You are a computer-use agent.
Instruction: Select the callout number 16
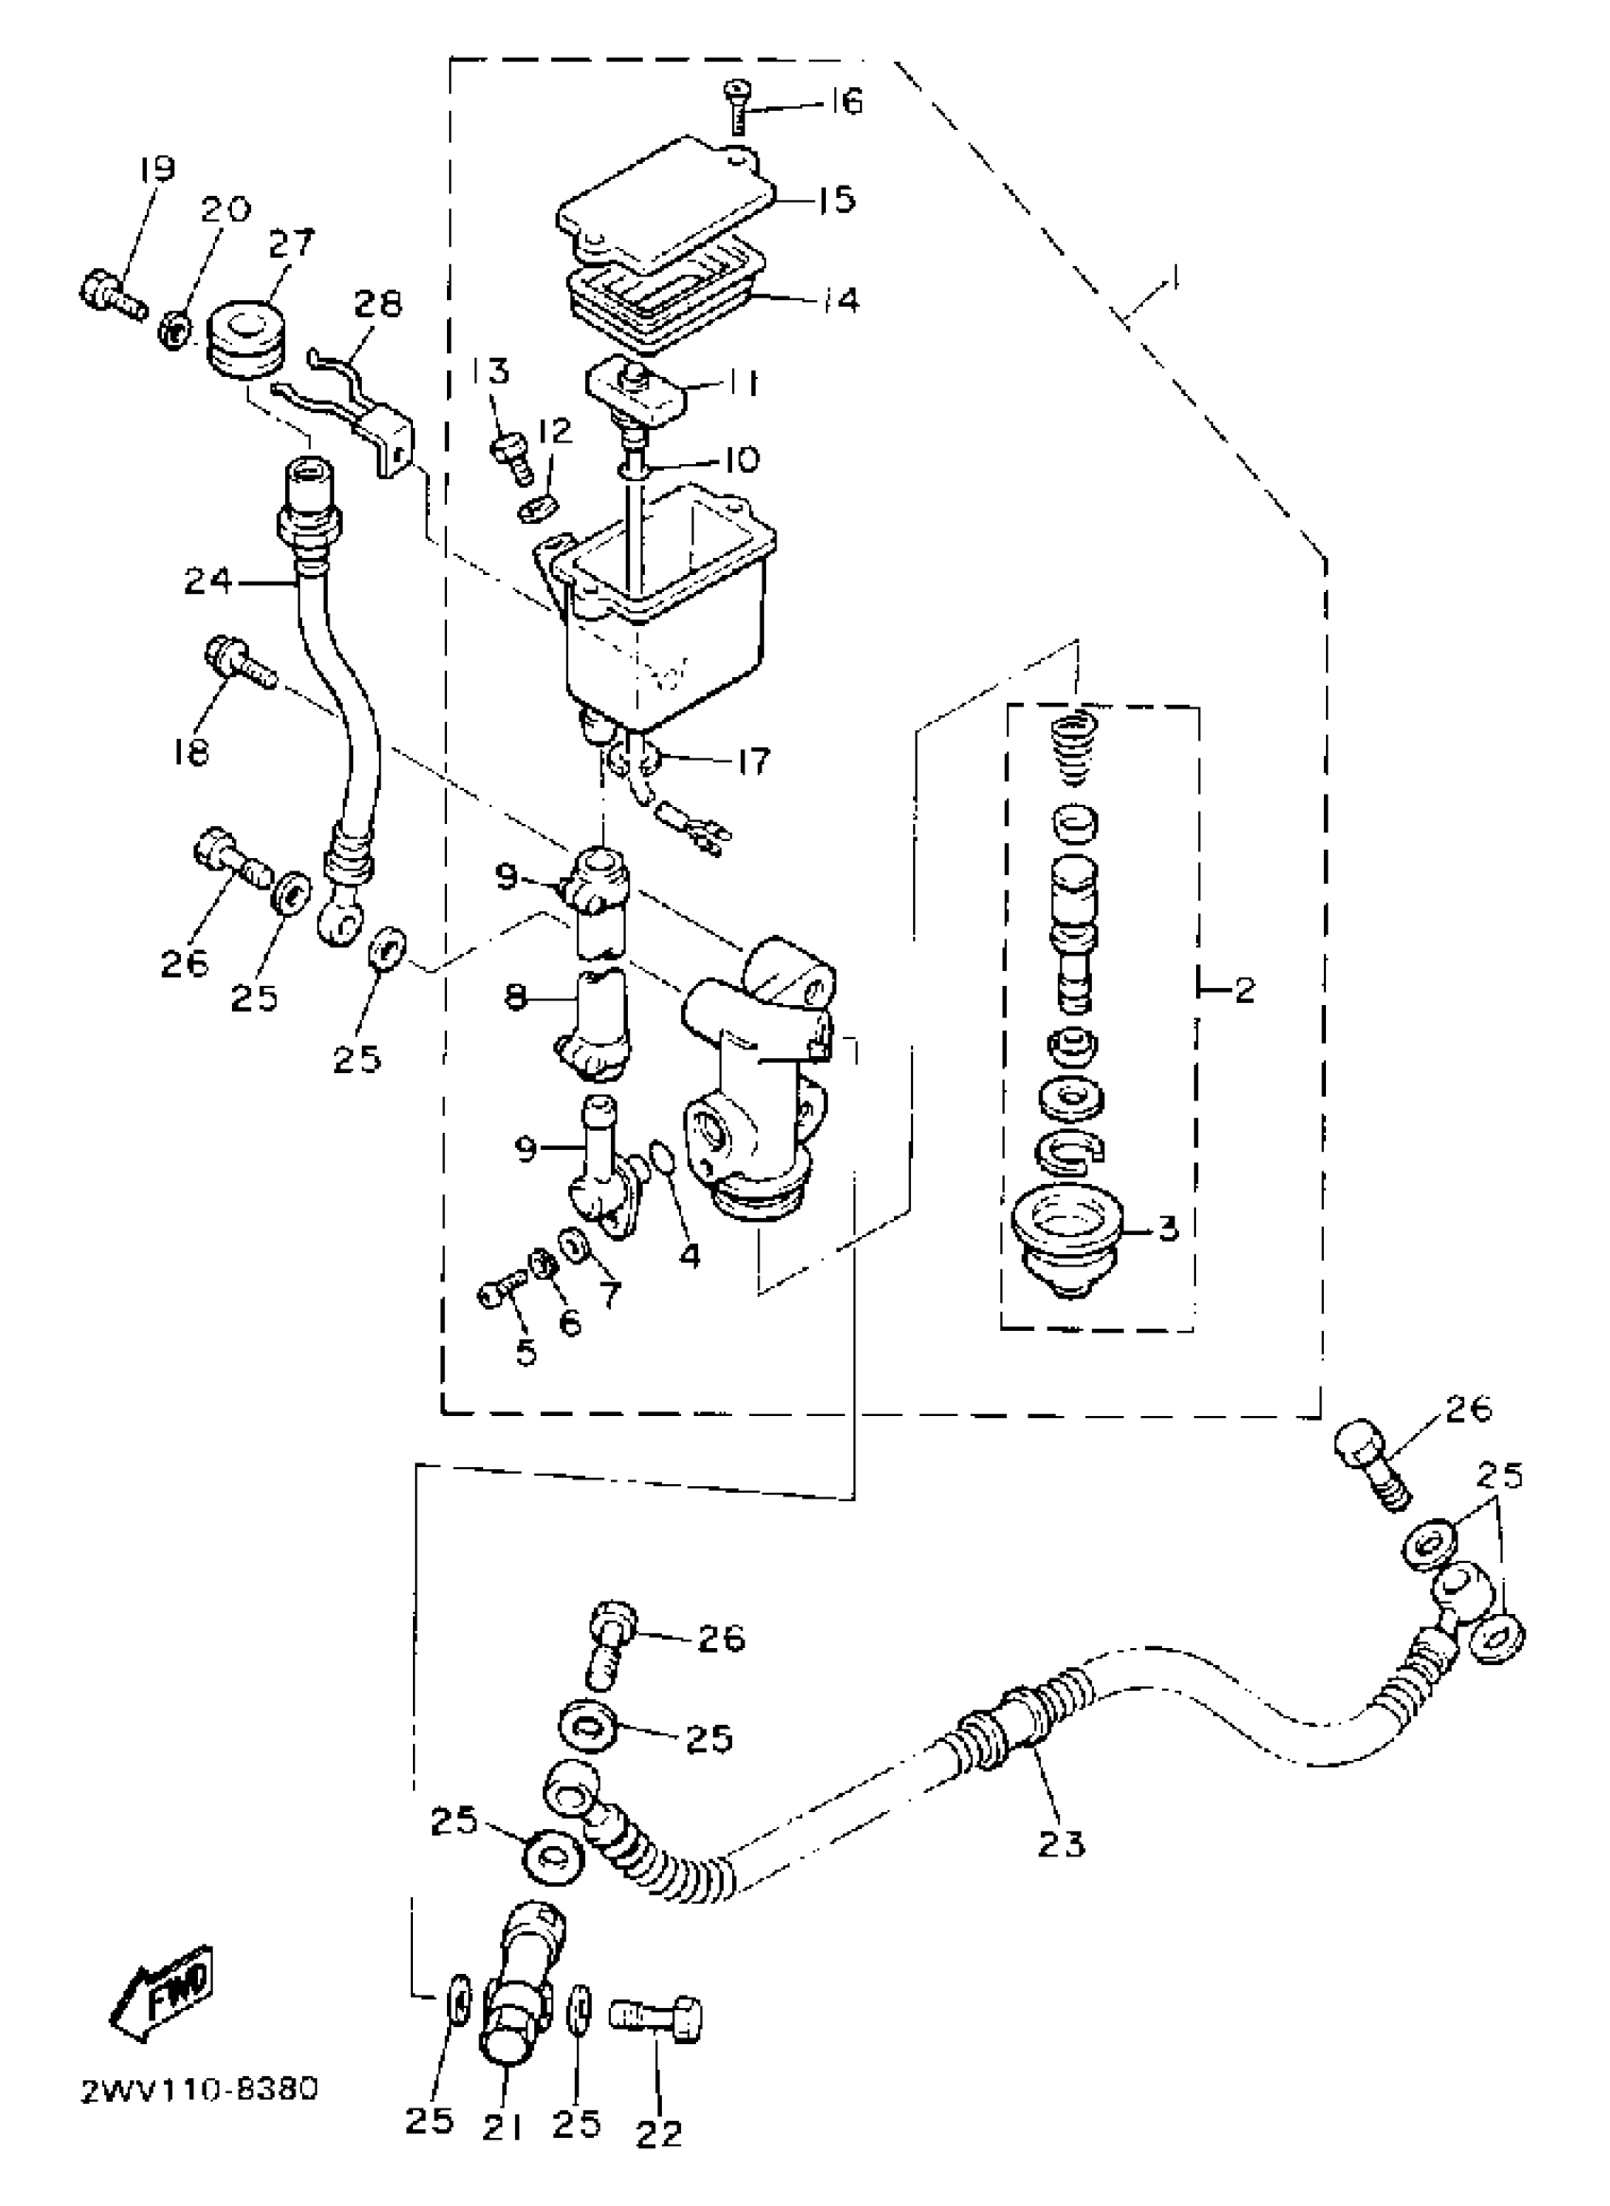[x=845, y=101]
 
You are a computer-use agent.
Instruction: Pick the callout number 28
[x=377, y=305]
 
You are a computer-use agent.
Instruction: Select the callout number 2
[x=1244, y=992]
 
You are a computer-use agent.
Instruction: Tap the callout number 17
[x=752, y=761]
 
